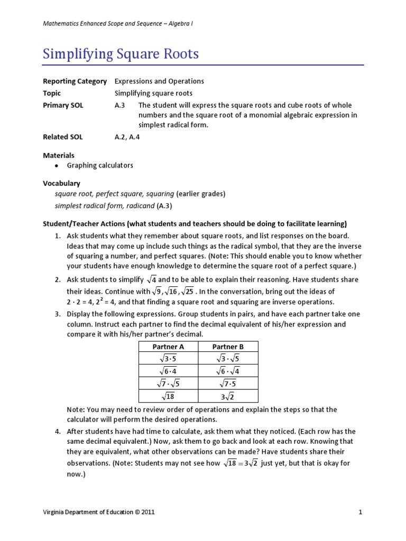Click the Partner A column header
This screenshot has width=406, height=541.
pos(168,347)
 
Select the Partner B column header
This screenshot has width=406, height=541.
pos(228,347)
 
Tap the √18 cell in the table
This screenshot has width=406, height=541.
pos(168,396)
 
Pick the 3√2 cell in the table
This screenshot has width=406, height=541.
pos(228,396)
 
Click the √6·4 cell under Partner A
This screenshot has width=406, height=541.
pos(168,371)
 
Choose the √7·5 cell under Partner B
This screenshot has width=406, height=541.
pos(228,384)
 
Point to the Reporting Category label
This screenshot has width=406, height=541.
pos(75,81)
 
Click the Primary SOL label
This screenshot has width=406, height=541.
pos(63,105)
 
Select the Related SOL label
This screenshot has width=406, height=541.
pos(62,137)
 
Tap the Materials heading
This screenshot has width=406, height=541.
pos(58,155)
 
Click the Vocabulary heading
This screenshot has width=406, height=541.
pos(61,183)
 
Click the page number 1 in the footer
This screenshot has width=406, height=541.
pos(359,512)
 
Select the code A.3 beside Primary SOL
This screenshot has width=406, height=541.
pos(119,105)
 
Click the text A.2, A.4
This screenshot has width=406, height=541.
pos(127,137)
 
